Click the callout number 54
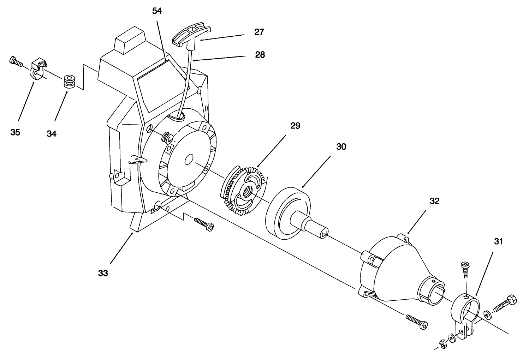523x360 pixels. point(157,11)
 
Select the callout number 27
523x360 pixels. point(259,32)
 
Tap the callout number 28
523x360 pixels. point(260,55)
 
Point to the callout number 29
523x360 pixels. point(295,126)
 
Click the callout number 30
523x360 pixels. point(341,147)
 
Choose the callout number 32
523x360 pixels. point(434,201)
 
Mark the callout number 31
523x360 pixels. point(498,241)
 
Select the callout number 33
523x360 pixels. point(103,273)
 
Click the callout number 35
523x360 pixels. point(15,132)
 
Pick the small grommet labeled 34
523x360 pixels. point(68,82)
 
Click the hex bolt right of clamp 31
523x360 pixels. point(505,302)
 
